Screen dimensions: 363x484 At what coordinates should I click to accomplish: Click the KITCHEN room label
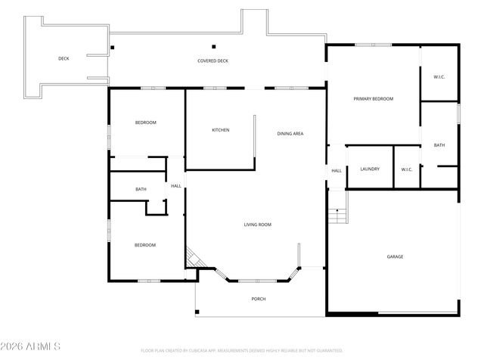(220, 130)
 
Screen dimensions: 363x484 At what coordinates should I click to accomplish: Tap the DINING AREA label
(290, 134)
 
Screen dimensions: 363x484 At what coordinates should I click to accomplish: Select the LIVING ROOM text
(257, 225)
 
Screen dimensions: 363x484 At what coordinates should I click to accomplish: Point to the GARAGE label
(395, 257)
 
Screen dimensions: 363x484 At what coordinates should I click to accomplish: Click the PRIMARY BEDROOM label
(373, 99)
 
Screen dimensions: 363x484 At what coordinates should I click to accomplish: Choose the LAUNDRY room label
(370, 169)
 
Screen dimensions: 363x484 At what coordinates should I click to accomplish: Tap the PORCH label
(259, 299)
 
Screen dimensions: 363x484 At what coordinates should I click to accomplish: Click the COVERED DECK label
(213, 60)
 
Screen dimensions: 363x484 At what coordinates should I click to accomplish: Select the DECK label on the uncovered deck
(64, 58)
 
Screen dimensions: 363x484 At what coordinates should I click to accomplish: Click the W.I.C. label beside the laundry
(406, 169)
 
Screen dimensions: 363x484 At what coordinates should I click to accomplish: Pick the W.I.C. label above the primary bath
(439, 77)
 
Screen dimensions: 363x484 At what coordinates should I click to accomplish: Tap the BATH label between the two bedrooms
(141, 189)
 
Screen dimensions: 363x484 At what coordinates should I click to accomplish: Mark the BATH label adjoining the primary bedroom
(439, 145)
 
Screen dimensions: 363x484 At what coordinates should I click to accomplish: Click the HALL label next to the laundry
(337, 171)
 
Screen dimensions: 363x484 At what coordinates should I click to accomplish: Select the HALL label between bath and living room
(175, 186)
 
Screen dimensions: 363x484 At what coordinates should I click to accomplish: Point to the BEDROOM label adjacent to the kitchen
(145, 123)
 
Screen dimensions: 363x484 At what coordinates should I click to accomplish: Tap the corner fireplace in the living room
(194, 259)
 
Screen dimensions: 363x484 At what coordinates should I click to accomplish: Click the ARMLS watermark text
(31, 346)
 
